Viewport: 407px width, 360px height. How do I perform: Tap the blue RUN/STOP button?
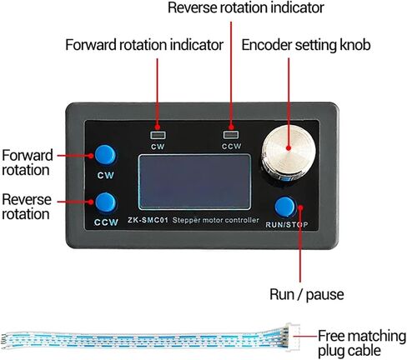[285, 207]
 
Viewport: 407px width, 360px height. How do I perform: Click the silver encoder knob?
[289, 152]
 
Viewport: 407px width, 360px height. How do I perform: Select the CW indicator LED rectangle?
[158, 135]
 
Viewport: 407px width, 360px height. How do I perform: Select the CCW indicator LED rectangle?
[231, 135]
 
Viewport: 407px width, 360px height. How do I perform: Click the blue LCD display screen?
[194, 182]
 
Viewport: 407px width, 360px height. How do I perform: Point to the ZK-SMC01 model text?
[148, 220]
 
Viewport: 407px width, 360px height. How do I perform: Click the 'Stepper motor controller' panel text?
[215, 220]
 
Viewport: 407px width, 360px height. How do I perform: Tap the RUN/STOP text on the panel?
[287, 225]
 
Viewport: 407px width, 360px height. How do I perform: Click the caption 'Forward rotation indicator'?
[144, 45]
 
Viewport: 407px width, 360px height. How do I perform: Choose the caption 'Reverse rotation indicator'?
[246, 7]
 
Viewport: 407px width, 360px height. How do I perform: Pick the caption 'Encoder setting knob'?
[306, 45]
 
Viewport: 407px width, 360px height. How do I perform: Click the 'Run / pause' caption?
[307, 294]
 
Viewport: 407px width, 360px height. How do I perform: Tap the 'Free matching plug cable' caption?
[362, 343]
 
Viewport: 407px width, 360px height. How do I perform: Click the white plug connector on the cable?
[293, 337]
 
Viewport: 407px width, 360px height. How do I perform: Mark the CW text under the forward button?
[106, 175]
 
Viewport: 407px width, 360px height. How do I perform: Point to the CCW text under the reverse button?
[106, 222]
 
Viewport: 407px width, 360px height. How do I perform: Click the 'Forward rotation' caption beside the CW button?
[27, 162]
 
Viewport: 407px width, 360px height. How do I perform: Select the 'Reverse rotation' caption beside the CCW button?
[27, 207]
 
